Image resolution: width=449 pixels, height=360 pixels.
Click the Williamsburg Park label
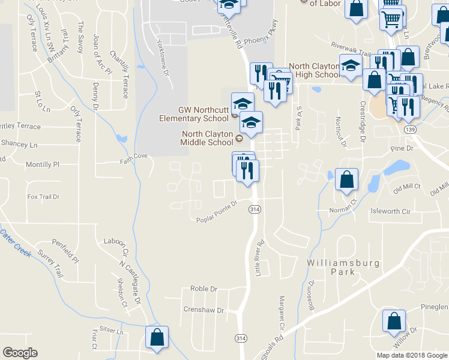[x=336, y=267]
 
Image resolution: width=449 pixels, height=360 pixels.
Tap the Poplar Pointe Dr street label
[x=217, y=219]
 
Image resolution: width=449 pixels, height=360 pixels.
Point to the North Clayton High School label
[x=315, y=70]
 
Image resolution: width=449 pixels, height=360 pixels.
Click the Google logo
[x=20, y=352]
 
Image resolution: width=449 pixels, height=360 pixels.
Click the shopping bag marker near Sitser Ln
[x=157, y=336]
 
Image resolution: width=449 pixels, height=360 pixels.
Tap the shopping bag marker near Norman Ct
[x=347, y=179]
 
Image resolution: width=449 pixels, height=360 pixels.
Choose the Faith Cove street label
[x=133, y=155]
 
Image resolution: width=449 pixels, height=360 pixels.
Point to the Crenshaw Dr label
[x=203, y=311]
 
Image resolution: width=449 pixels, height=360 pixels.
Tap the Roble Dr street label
[x=203, y=289]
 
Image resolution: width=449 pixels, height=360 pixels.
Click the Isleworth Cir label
[x=390, y=211]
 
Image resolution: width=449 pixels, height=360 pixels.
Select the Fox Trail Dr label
[x=44, y=196]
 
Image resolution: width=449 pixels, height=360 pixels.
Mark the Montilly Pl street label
[x=43, y=164]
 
